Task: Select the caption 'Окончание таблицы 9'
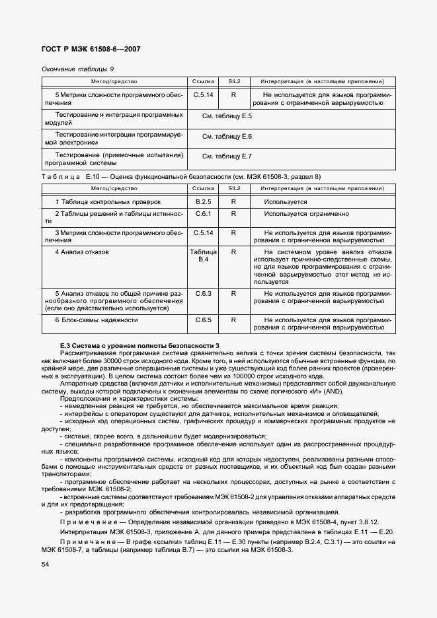(x=77, y=69)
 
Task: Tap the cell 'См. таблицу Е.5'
(x=227, y=116)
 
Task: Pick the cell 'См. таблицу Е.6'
(x=227, y=136)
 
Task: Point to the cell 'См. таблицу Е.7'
(x=227, y=156)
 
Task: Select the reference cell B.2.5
(x=203, y=201)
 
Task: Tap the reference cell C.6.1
(x=203, y=214)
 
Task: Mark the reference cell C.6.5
(x=203, y=320)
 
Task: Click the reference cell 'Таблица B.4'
(x=203, y=256)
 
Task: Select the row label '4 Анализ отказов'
(x=81, y=252)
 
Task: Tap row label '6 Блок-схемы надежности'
(x=96, y=320)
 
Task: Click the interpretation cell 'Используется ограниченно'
(x=305, y=214)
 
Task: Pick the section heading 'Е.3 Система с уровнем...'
(x=139, y=346)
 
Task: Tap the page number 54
(x=45, y=565)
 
